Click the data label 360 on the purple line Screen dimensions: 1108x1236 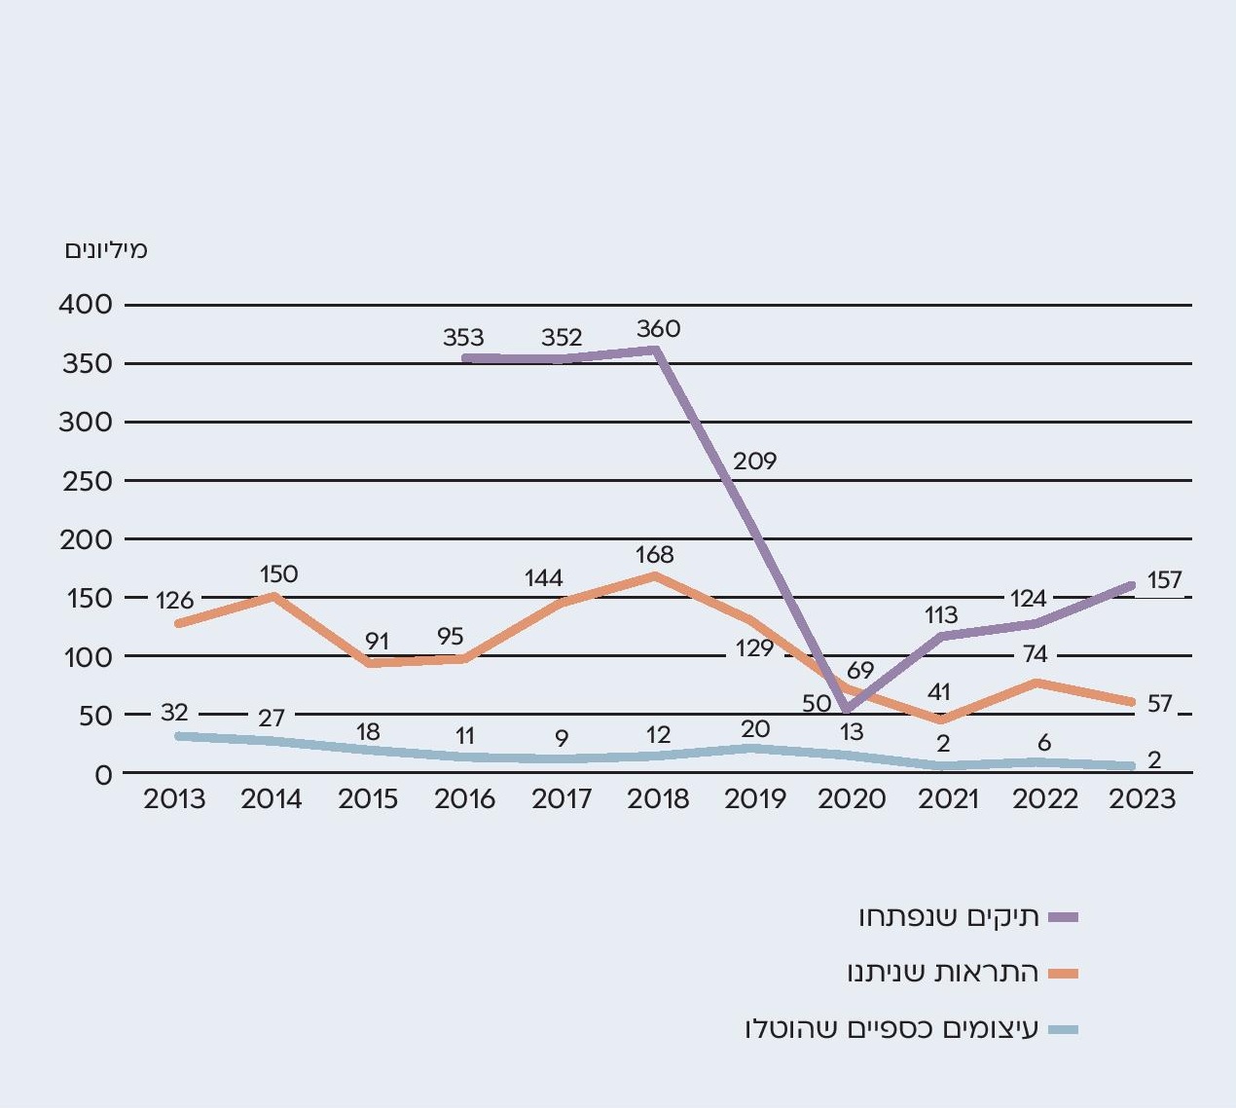658,329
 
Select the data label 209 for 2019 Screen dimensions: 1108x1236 754,461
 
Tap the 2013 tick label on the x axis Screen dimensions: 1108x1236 174,799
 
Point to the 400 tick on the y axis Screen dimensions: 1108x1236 86,305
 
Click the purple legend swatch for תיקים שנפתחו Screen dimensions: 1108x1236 1064,917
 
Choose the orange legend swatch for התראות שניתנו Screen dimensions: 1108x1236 1064,973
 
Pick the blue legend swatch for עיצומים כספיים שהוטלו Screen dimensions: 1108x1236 1064,1029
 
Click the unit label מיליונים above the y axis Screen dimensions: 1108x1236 106,250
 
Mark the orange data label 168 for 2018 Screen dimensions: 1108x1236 654,555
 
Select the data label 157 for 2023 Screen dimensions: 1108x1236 1164,580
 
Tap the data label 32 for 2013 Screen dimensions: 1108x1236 174,714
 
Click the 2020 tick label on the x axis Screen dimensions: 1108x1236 852,799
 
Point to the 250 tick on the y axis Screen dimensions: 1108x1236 86,481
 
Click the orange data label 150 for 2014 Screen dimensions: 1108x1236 278,574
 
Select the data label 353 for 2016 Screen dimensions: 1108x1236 463,338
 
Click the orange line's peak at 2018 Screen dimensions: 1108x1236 656,575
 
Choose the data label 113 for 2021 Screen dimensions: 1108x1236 941,615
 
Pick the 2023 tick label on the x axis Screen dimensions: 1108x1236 1143,799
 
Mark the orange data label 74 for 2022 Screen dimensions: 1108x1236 1035,654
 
